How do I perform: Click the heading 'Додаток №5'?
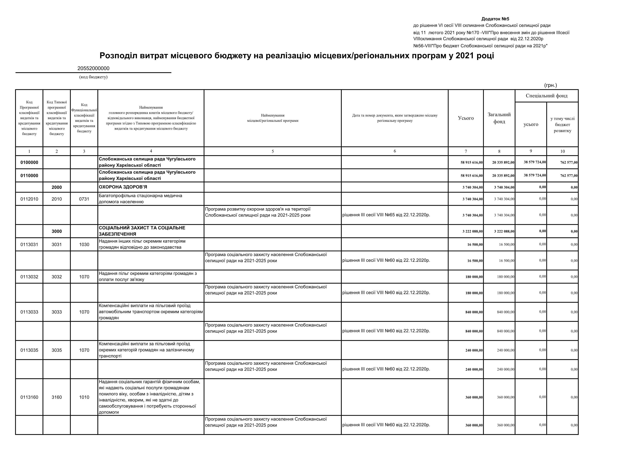pyautogui.click(x=495, y=19)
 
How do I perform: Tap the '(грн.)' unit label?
pyautogui.click(x=551, y=85)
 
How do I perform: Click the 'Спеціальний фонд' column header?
pyautogui.click(x=546, y=96)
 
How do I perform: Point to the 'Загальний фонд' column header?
pyautogui.click(x=499, y=118)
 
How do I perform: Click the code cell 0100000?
pyautogui.click(x=29, y=162)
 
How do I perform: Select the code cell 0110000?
pyautogui.click(x=29, y=175)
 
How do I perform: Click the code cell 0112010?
pyautogui.click(x=29, y=199)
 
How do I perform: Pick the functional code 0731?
pyautogui.click(x=84, y=199)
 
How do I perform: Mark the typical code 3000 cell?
pyautogui.click(x=57, y=231)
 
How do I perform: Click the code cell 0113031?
pyautogui.click(x=29, y=244)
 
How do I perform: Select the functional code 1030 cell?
pyautogui.click(x=84, y=244)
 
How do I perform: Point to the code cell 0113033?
pyautogui.click(x=29, y=312)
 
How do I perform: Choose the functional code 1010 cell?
pyautogui.click(x=84, y=397)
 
